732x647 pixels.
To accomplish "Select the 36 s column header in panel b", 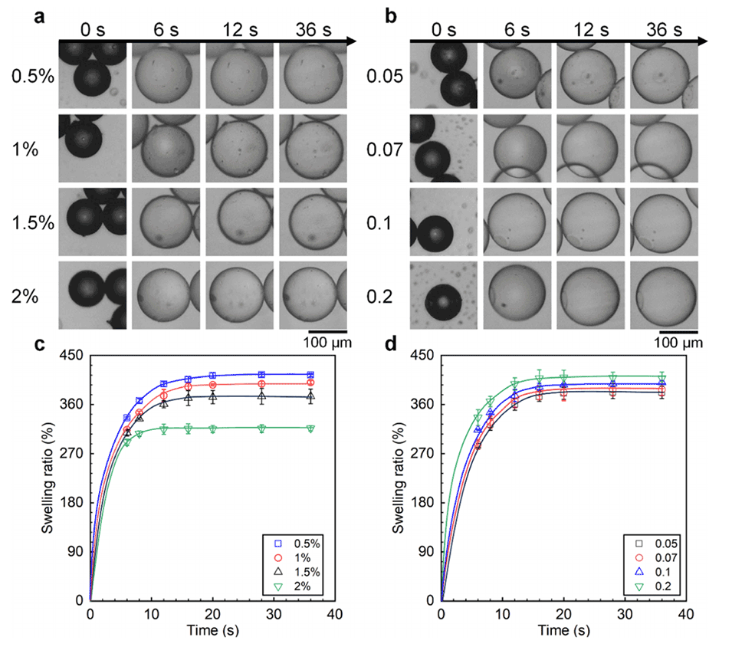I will pos(662,30).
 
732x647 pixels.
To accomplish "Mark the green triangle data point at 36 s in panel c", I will pos(310,429).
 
